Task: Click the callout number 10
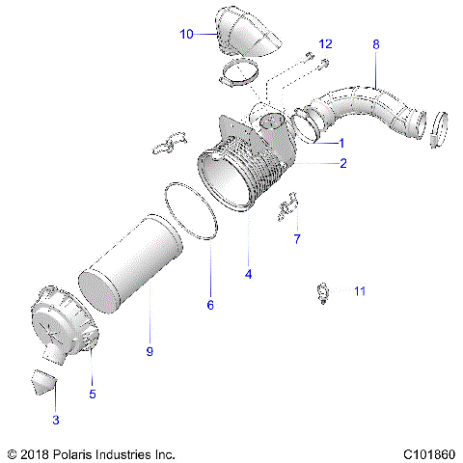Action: coord(186,34)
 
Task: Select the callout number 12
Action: coord(325,44)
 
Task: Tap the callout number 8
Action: coord(375,44)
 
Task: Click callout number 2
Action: coord(342,165)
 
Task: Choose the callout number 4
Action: coord(248,275)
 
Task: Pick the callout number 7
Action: coord(296,237)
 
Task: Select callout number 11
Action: coord(360,290)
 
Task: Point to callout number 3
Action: coord(55,421)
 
